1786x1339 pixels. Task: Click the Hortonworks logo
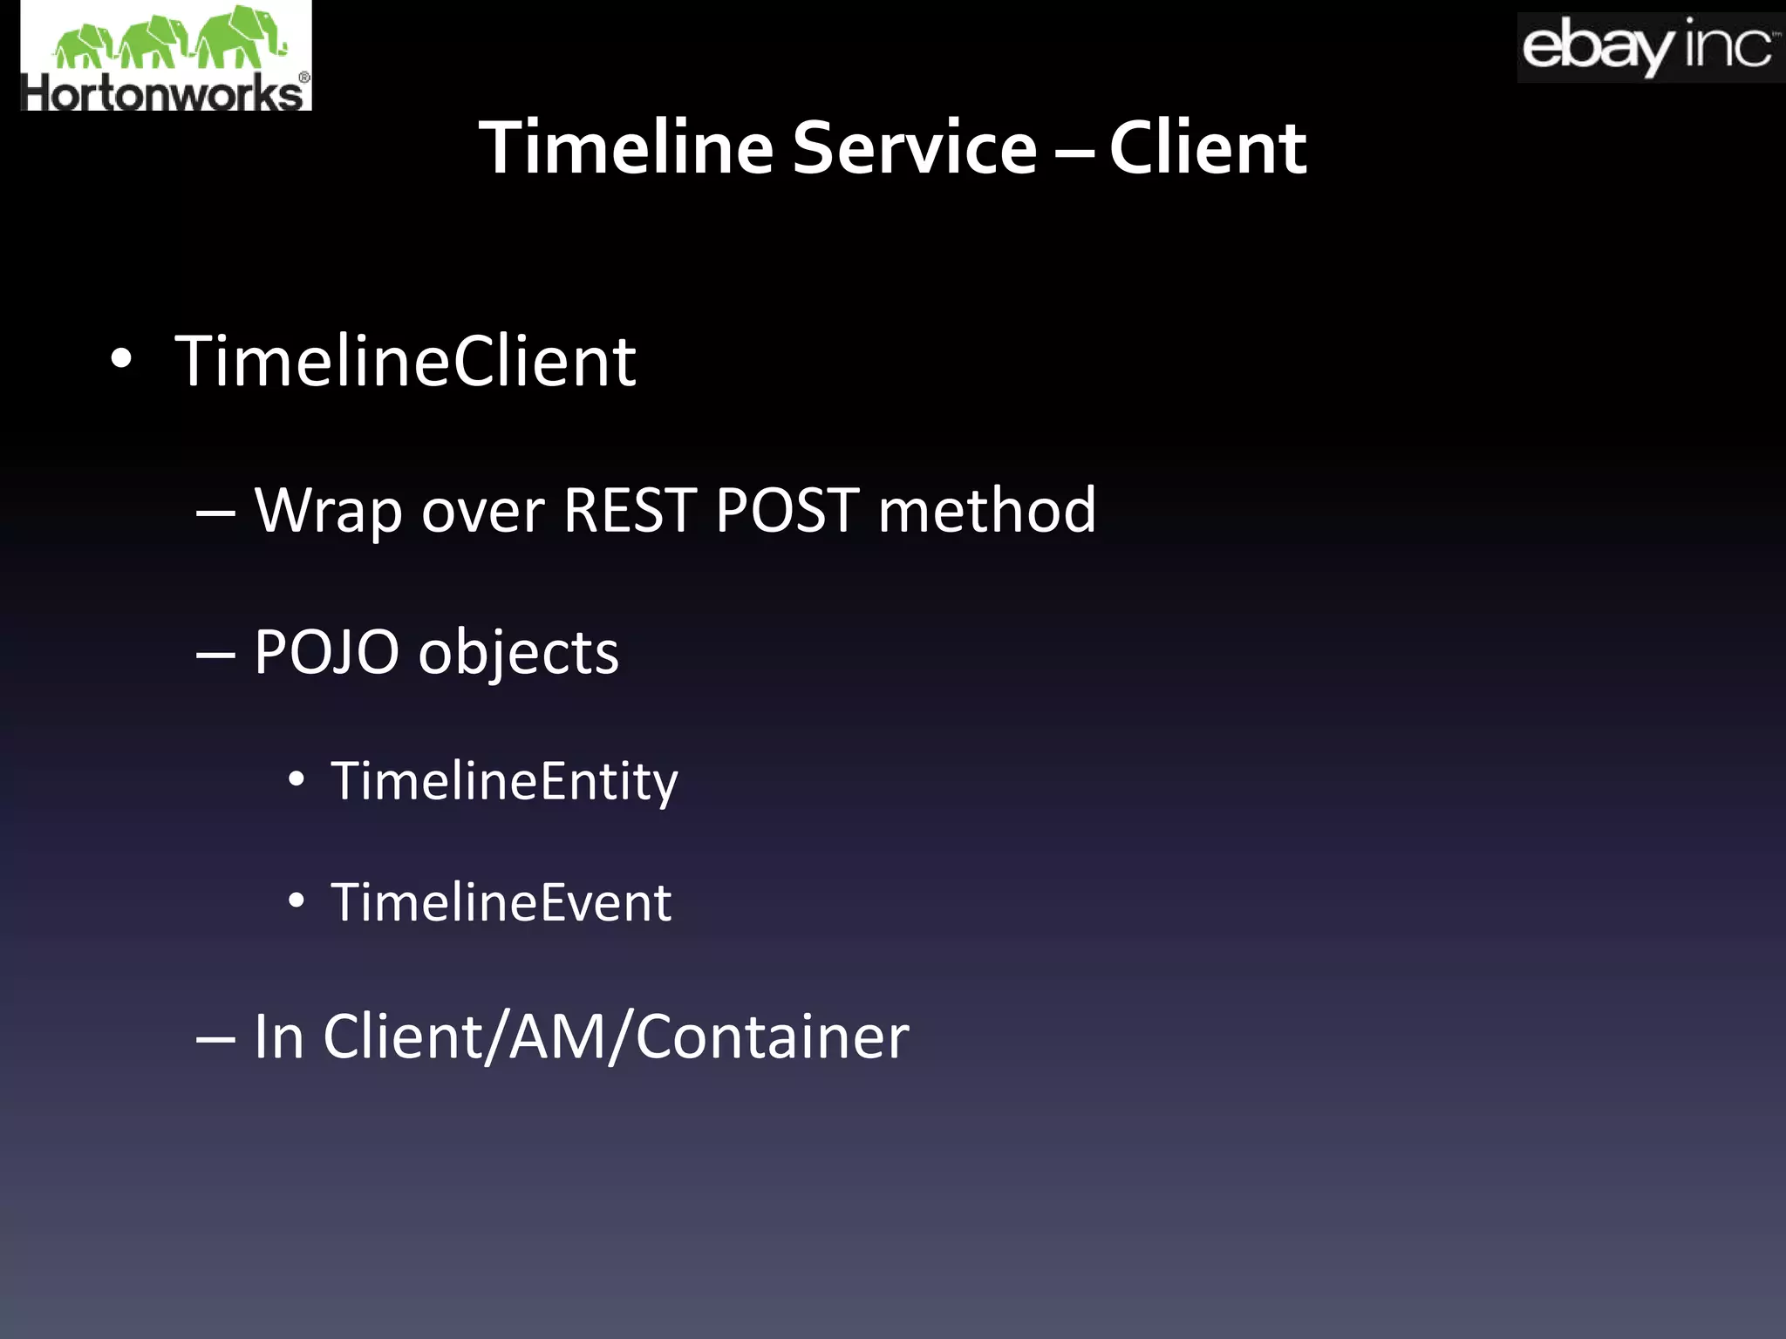click(166, 57)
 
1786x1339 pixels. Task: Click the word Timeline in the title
click(625, 148)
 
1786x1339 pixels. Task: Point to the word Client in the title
click(1208, 148)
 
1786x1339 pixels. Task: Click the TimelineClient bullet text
click(406, 361)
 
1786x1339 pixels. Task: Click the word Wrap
click(328, 511)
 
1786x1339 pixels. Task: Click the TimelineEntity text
click(504, 781)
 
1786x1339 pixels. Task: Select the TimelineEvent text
click(501, 901)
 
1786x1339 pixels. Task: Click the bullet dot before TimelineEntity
click(297, 780)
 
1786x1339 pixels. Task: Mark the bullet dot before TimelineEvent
click(297, 901)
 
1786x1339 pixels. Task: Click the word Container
click(772, 1037)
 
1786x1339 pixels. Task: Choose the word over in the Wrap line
click(483, 511)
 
